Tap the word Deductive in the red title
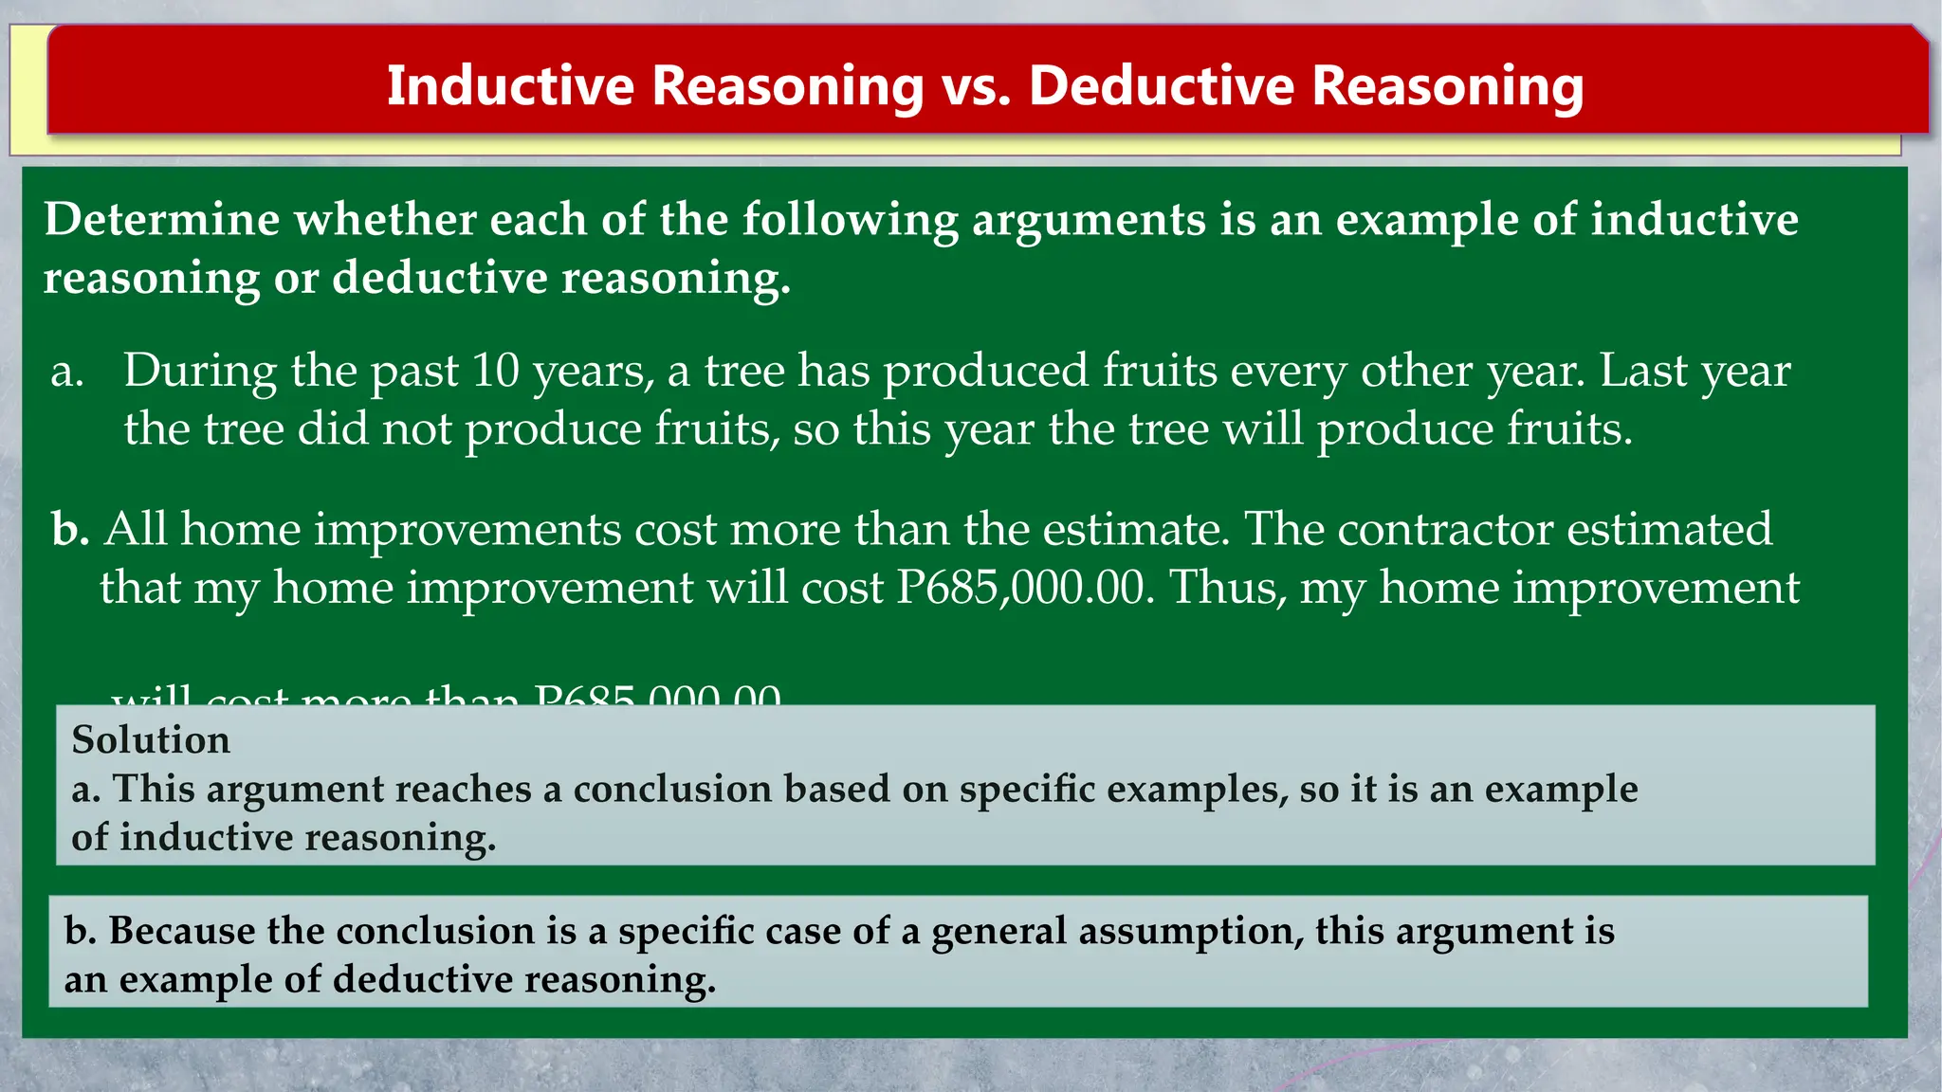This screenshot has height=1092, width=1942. tap(1161, 86)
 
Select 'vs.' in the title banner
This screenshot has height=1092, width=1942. tap(976, 86)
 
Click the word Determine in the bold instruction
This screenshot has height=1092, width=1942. tap(162, 220)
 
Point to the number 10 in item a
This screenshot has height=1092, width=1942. tap(495, 370)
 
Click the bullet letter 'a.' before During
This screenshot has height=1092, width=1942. tap(67, 371)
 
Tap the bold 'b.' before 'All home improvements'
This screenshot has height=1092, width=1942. tap(70, 529)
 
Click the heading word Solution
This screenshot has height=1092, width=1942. tap(151, 739)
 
